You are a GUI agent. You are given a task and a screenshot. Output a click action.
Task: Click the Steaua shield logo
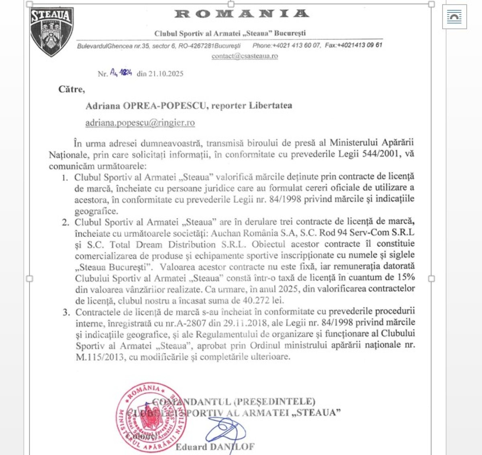click(51, 32)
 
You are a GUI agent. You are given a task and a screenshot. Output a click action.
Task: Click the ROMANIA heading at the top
click(242, 14)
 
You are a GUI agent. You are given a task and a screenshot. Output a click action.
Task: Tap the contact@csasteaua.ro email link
click(245, 56)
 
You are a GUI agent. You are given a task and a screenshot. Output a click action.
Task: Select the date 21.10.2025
click(166, 74)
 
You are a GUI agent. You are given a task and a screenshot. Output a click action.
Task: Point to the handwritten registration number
click(121, 73)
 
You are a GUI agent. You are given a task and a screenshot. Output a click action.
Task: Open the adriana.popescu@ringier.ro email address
click(140, 123)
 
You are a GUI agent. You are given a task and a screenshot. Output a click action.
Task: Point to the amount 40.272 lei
click(263, 300)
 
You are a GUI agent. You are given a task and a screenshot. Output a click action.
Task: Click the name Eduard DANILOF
click(215, 447)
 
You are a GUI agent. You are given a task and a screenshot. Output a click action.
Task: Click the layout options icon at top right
click(454, 17)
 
